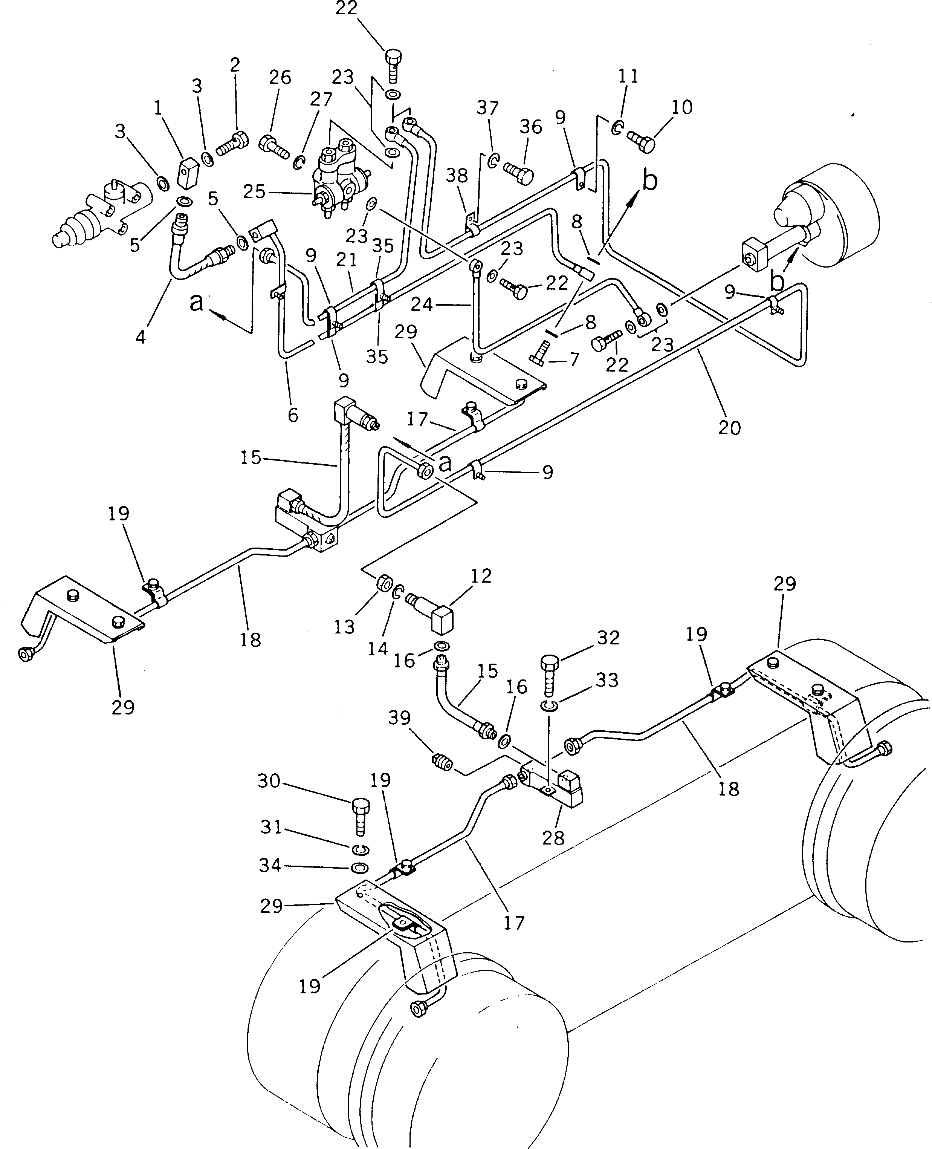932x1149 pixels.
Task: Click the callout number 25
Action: point(254,192)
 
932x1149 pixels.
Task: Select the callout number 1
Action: point(158,109)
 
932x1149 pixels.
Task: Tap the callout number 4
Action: point(141,337)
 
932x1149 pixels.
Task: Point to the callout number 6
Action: point(293,415)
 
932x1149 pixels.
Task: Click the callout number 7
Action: point(574,359)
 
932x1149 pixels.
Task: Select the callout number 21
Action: point(347,260)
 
